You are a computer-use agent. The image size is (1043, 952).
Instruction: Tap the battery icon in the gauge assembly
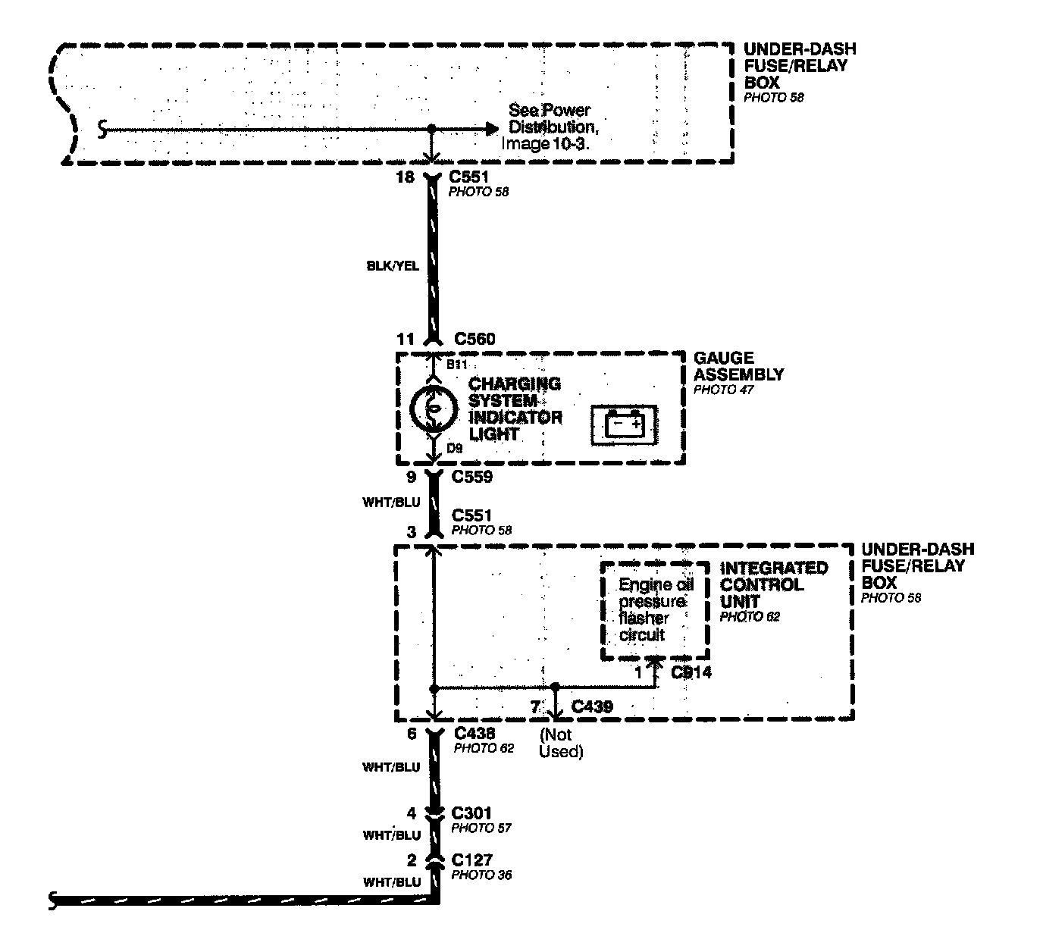pos(624,424)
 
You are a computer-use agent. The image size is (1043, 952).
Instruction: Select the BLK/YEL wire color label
pos(392,266)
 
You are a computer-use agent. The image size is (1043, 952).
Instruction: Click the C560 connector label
pos(475,339)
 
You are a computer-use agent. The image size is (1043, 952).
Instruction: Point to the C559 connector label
pos(472,477)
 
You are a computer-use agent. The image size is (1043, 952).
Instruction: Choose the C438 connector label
pos(475,733)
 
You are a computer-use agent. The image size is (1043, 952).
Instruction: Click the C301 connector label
pos(471,813)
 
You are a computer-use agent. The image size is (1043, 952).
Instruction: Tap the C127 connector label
pos(471,860)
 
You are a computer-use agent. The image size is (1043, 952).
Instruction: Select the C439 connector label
pos(592,706)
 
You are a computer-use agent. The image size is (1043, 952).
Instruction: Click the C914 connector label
pos(691,672)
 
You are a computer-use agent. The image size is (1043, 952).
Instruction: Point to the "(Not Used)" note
pos(560,743)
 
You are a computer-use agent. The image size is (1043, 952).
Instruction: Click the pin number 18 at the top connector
pos(406,177)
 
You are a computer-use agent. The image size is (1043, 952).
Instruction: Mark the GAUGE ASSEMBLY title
pos(739,366)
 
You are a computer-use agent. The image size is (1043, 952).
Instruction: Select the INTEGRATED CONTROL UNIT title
pos(773,584)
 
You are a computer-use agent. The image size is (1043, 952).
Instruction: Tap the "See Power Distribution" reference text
pos(549,127)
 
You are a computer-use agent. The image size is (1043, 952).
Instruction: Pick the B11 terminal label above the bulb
pos(456,365)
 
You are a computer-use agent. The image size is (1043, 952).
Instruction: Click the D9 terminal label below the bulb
pos(454,448)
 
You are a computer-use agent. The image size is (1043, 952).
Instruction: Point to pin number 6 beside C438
pos(412,733)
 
